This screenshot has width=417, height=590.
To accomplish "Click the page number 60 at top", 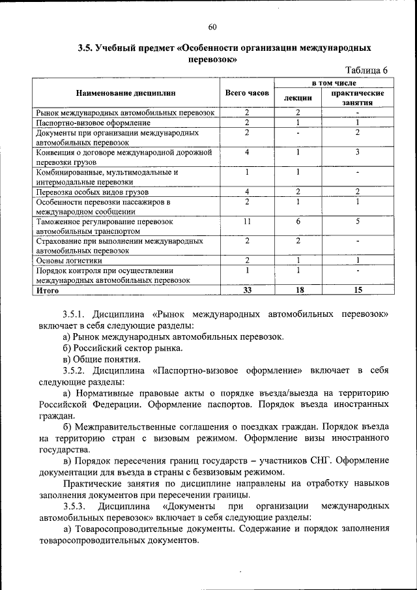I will pyautogui.click(x=212, y=27).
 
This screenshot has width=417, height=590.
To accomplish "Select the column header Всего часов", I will pyautogui.click(x=247, y=93).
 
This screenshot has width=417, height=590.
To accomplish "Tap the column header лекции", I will pyautogui.click(x=297, y=98).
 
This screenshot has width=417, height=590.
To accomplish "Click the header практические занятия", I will pyautogui.click(x=357, y=98).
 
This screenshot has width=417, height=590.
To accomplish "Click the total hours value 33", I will pyautogui.click(x=247, y=289).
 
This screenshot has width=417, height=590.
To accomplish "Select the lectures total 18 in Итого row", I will pyautogui.click(x=297, y=289).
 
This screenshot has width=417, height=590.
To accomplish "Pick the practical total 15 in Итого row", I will pyautogui.click(x=357, y=289).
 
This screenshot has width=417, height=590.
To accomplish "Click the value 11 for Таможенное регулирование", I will pyautogui.click(x=247, y=222).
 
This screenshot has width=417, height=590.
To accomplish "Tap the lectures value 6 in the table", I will pyautogui.click(x=297, y=222).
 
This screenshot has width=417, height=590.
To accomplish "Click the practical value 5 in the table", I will pyautogui.click(x=357, y=222).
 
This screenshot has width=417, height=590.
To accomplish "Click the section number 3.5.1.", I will pyautogui.click(x=75, y=314).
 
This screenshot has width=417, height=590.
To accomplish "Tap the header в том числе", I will pyautogui.click(x=332, y=83).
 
